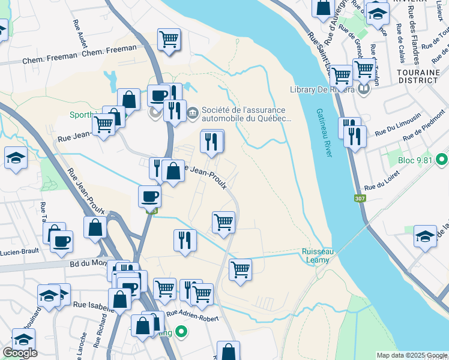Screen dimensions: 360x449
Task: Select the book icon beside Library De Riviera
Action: point(363,90)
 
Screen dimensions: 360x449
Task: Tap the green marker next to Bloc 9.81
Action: point(442,160)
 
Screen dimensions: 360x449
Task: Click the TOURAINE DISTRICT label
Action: point(418,76)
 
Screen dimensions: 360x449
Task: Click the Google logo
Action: point(20,353)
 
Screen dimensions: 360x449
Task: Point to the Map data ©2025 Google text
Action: point(411,355)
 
